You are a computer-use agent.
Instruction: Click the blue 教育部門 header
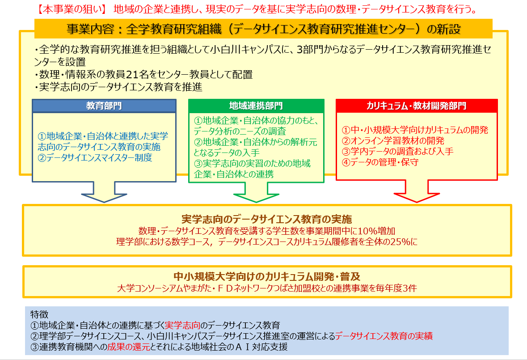(104, 106)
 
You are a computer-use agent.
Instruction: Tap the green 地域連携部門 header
(256, 106)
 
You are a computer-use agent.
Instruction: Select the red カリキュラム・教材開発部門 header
(417, 106)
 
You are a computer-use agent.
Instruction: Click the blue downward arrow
(104, 192)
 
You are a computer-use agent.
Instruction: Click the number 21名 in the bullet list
(138, 75)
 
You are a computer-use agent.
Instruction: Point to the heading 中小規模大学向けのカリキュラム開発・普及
(267, 276)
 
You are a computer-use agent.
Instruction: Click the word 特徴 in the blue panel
(39, 314)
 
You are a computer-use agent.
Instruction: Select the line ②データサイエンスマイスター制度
(95, 158)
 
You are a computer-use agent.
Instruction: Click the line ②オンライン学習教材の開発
(393, 140)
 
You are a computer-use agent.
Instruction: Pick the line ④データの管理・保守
(380, 162)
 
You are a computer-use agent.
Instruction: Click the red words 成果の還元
(129, 347)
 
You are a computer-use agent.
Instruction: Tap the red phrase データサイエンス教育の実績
(384, 336)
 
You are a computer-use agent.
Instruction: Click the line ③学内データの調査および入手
(398, 151)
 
